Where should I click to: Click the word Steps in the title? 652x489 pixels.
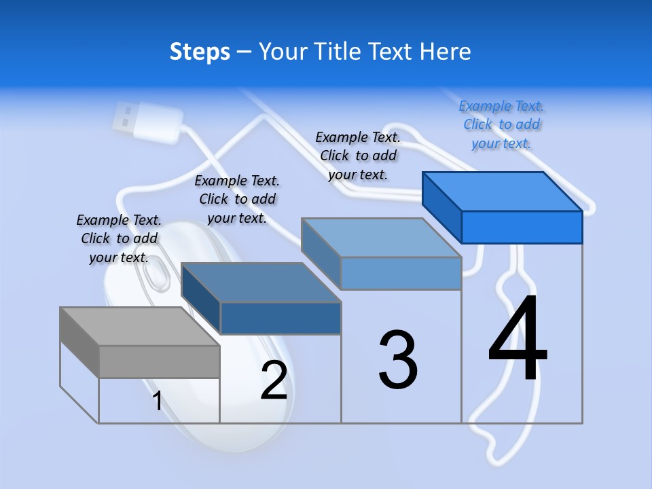[200, 52]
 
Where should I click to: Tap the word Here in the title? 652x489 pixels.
[446, 52]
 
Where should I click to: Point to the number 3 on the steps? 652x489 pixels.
[398, 360]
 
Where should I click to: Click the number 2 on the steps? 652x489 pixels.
[274, 380]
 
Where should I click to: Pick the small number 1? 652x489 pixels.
[157, 401]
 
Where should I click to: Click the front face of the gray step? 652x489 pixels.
[159, 361]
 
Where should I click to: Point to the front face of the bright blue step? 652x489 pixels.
[522, 227]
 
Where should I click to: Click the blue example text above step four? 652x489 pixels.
[501, 124]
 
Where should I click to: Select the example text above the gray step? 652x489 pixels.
[119, 238]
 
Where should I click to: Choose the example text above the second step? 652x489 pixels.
[237, 199]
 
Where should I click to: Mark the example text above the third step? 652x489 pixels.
[358, 156]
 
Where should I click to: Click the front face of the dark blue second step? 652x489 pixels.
[280, 318]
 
